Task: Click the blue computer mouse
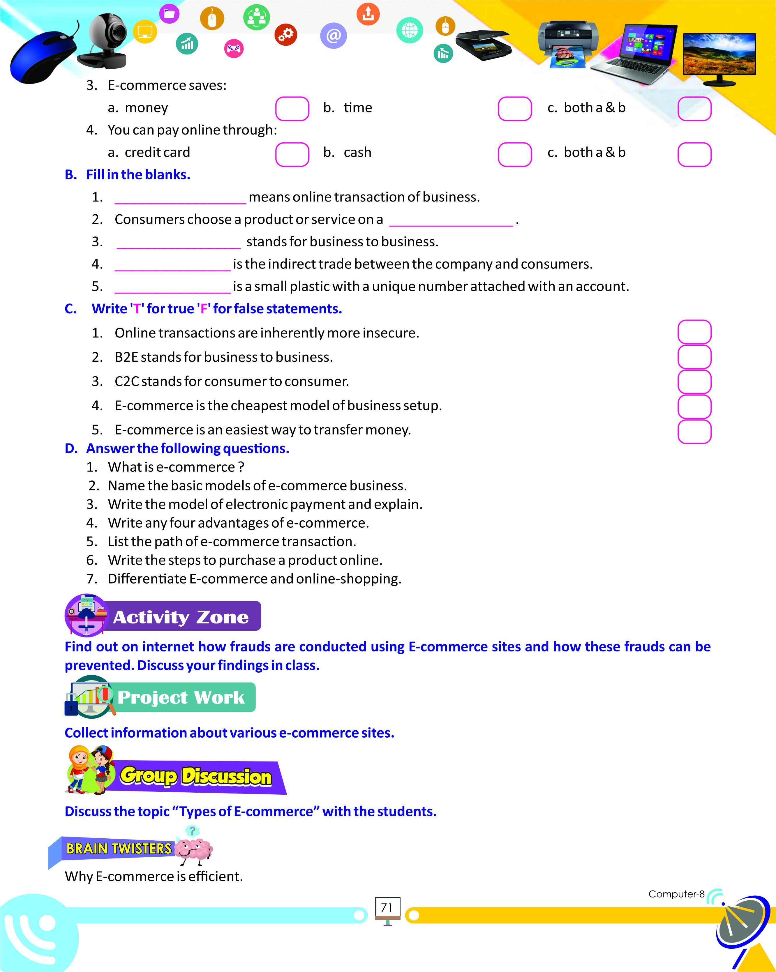click(43, 56)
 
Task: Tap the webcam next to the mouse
click(106, 40)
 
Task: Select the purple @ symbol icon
click(333, 36)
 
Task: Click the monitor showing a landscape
click(719, 56)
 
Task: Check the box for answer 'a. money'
click(292, 109)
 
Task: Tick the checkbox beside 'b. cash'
click(514, 154)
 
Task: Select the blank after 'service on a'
click(451, 220)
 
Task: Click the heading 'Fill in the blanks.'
click(138, 174)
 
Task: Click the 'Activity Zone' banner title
click(180, 617)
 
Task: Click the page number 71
click(387, 908)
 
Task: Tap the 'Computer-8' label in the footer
click(676, 894)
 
